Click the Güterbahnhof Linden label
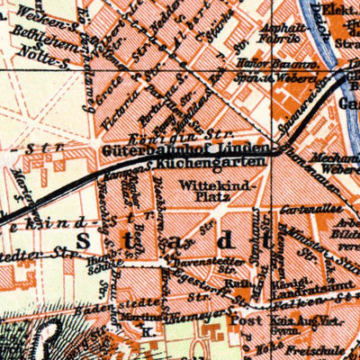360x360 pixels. coord(185,147)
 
